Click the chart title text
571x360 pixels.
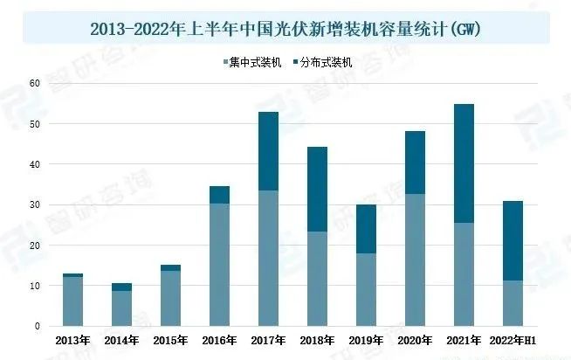click(x=285, y=29)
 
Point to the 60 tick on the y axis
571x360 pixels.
click(x=35, y=83)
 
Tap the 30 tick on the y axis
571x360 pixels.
click(x=35, y=204)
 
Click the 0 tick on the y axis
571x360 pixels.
click(x=38, y=326)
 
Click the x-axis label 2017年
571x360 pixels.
click(x=268, y=340)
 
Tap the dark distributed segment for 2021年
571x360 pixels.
click(x=464, y=163)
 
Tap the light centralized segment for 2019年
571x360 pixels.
click(x=366, y=289)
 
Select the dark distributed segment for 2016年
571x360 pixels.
click(x=219, y=195)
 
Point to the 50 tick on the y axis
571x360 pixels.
click(x=35, y=123)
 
